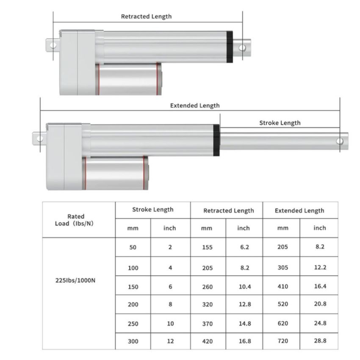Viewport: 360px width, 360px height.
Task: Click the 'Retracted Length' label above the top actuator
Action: (x=146, y=17)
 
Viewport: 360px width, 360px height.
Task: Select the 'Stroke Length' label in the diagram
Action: (x=280, y=123)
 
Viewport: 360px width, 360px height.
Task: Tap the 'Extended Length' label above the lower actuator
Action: (x=195, y=105)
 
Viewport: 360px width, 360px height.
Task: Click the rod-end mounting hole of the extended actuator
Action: (x=340, y=141)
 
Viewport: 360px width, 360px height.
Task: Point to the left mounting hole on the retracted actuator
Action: (x=53, y=44)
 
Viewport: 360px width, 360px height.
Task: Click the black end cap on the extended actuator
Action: (x=216, y=140)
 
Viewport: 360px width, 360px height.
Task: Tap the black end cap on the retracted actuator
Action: (x=230, y=47)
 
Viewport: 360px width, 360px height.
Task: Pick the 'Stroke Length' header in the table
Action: (x=152, y=209)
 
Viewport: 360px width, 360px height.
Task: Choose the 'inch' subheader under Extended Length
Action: (x=320, y=228)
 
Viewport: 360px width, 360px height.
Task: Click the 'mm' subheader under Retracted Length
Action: (x=207, y=228)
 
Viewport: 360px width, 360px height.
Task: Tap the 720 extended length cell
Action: (x=282, y=341)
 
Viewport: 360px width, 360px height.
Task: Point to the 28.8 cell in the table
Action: (x=320, y=341)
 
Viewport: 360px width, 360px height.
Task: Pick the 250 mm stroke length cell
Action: (x=133, y=324)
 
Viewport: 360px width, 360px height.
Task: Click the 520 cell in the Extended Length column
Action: (x=282, y=305)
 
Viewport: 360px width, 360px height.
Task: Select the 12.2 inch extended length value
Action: (x=320, y=267)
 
